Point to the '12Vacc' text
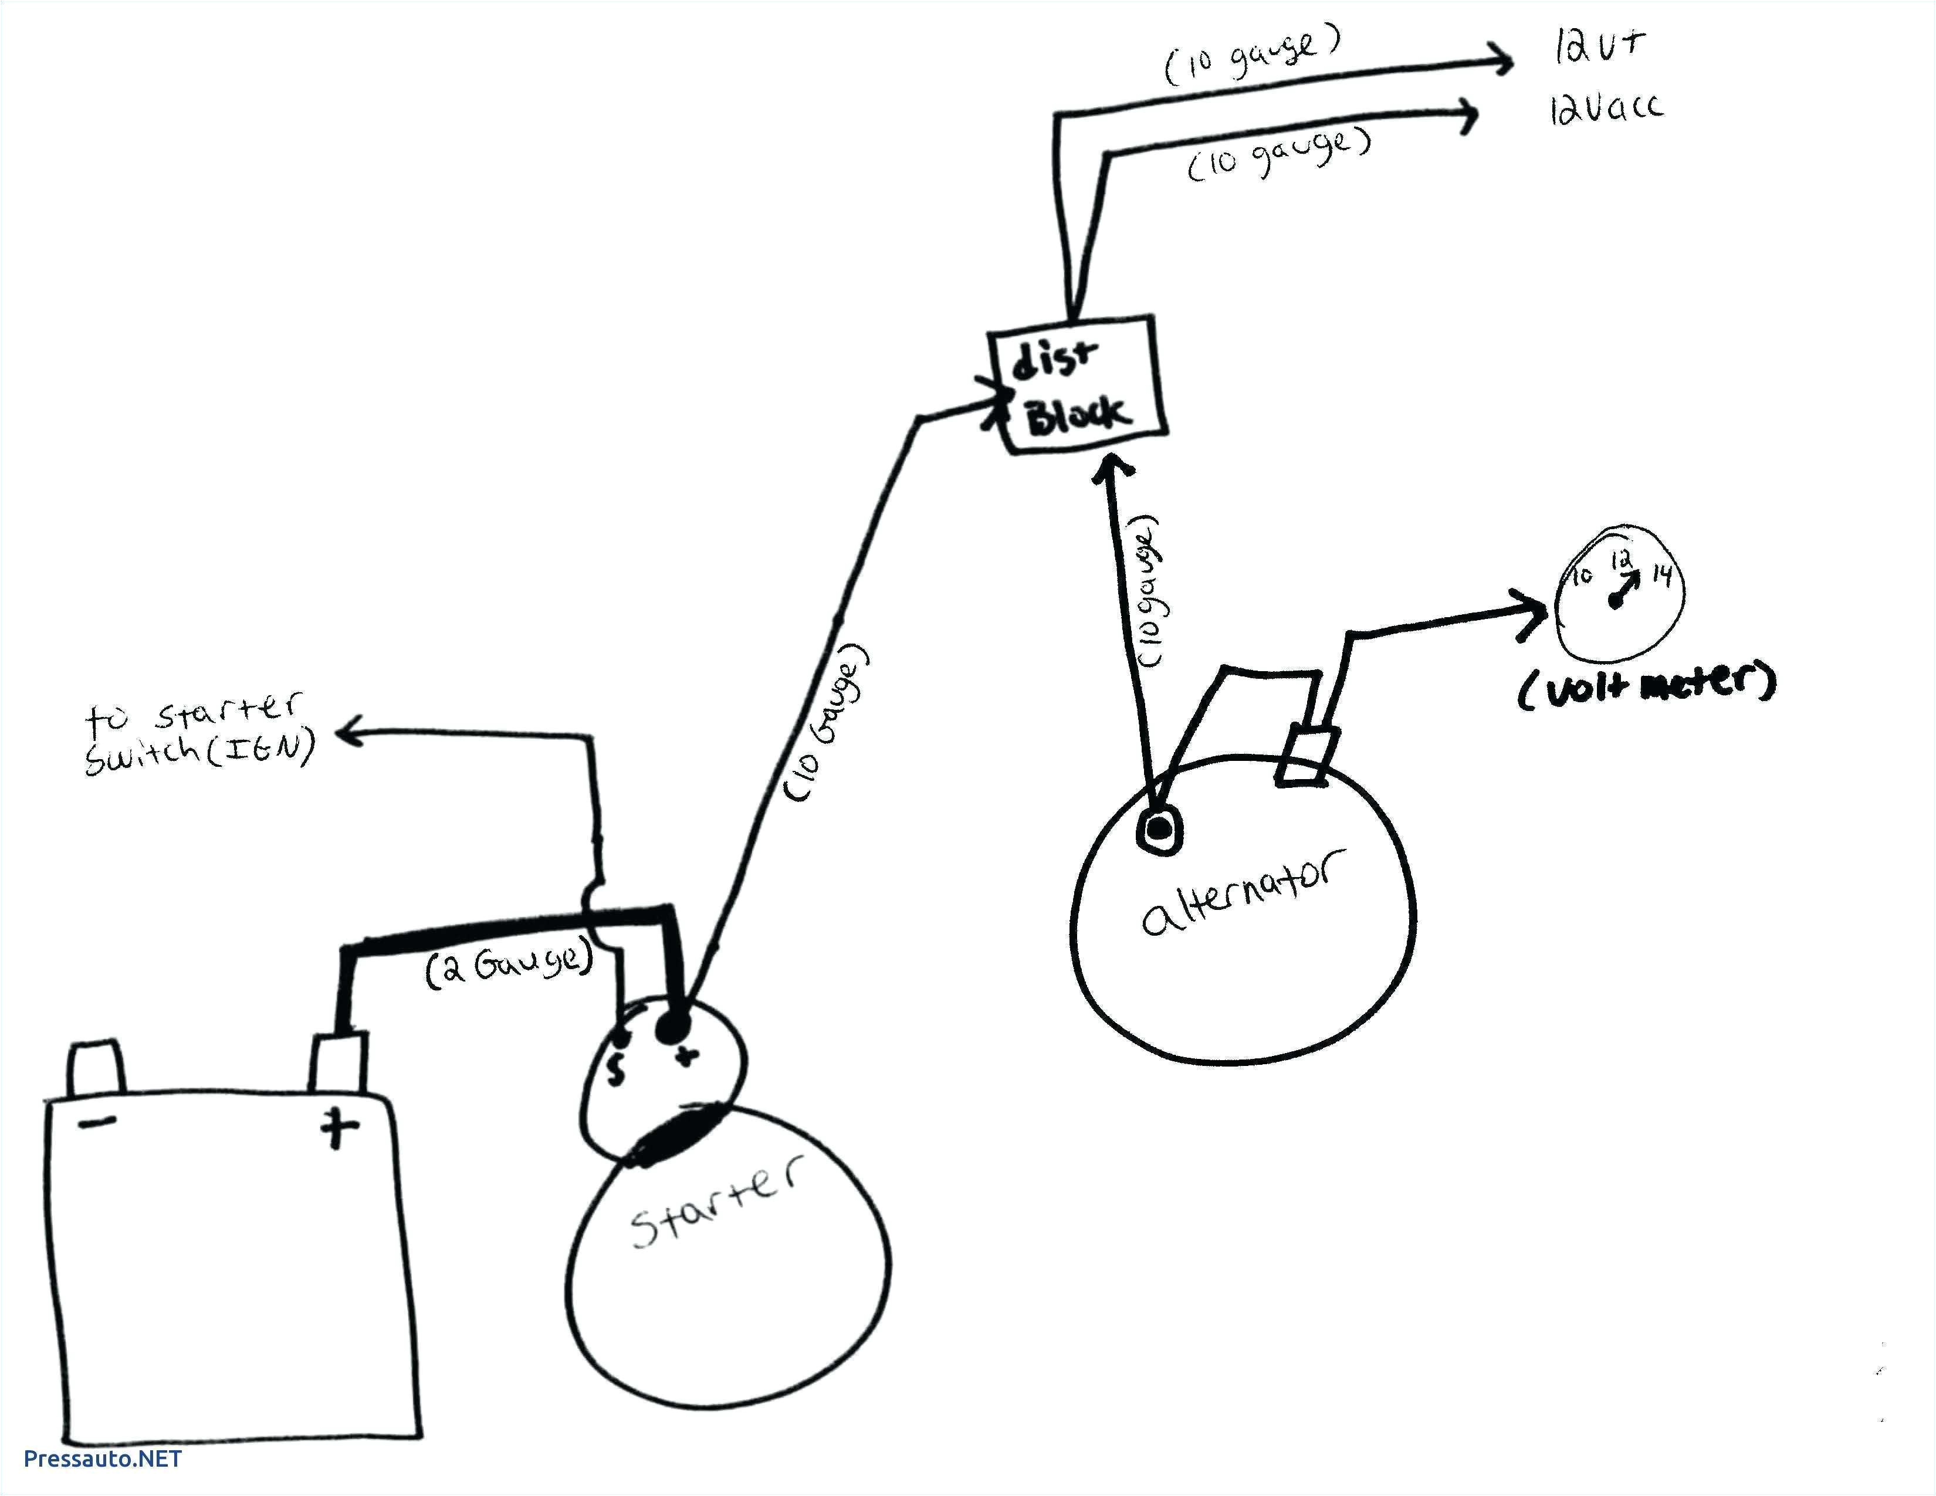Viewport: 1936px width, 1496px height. pyautogui.click(x=1605, y=108)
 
